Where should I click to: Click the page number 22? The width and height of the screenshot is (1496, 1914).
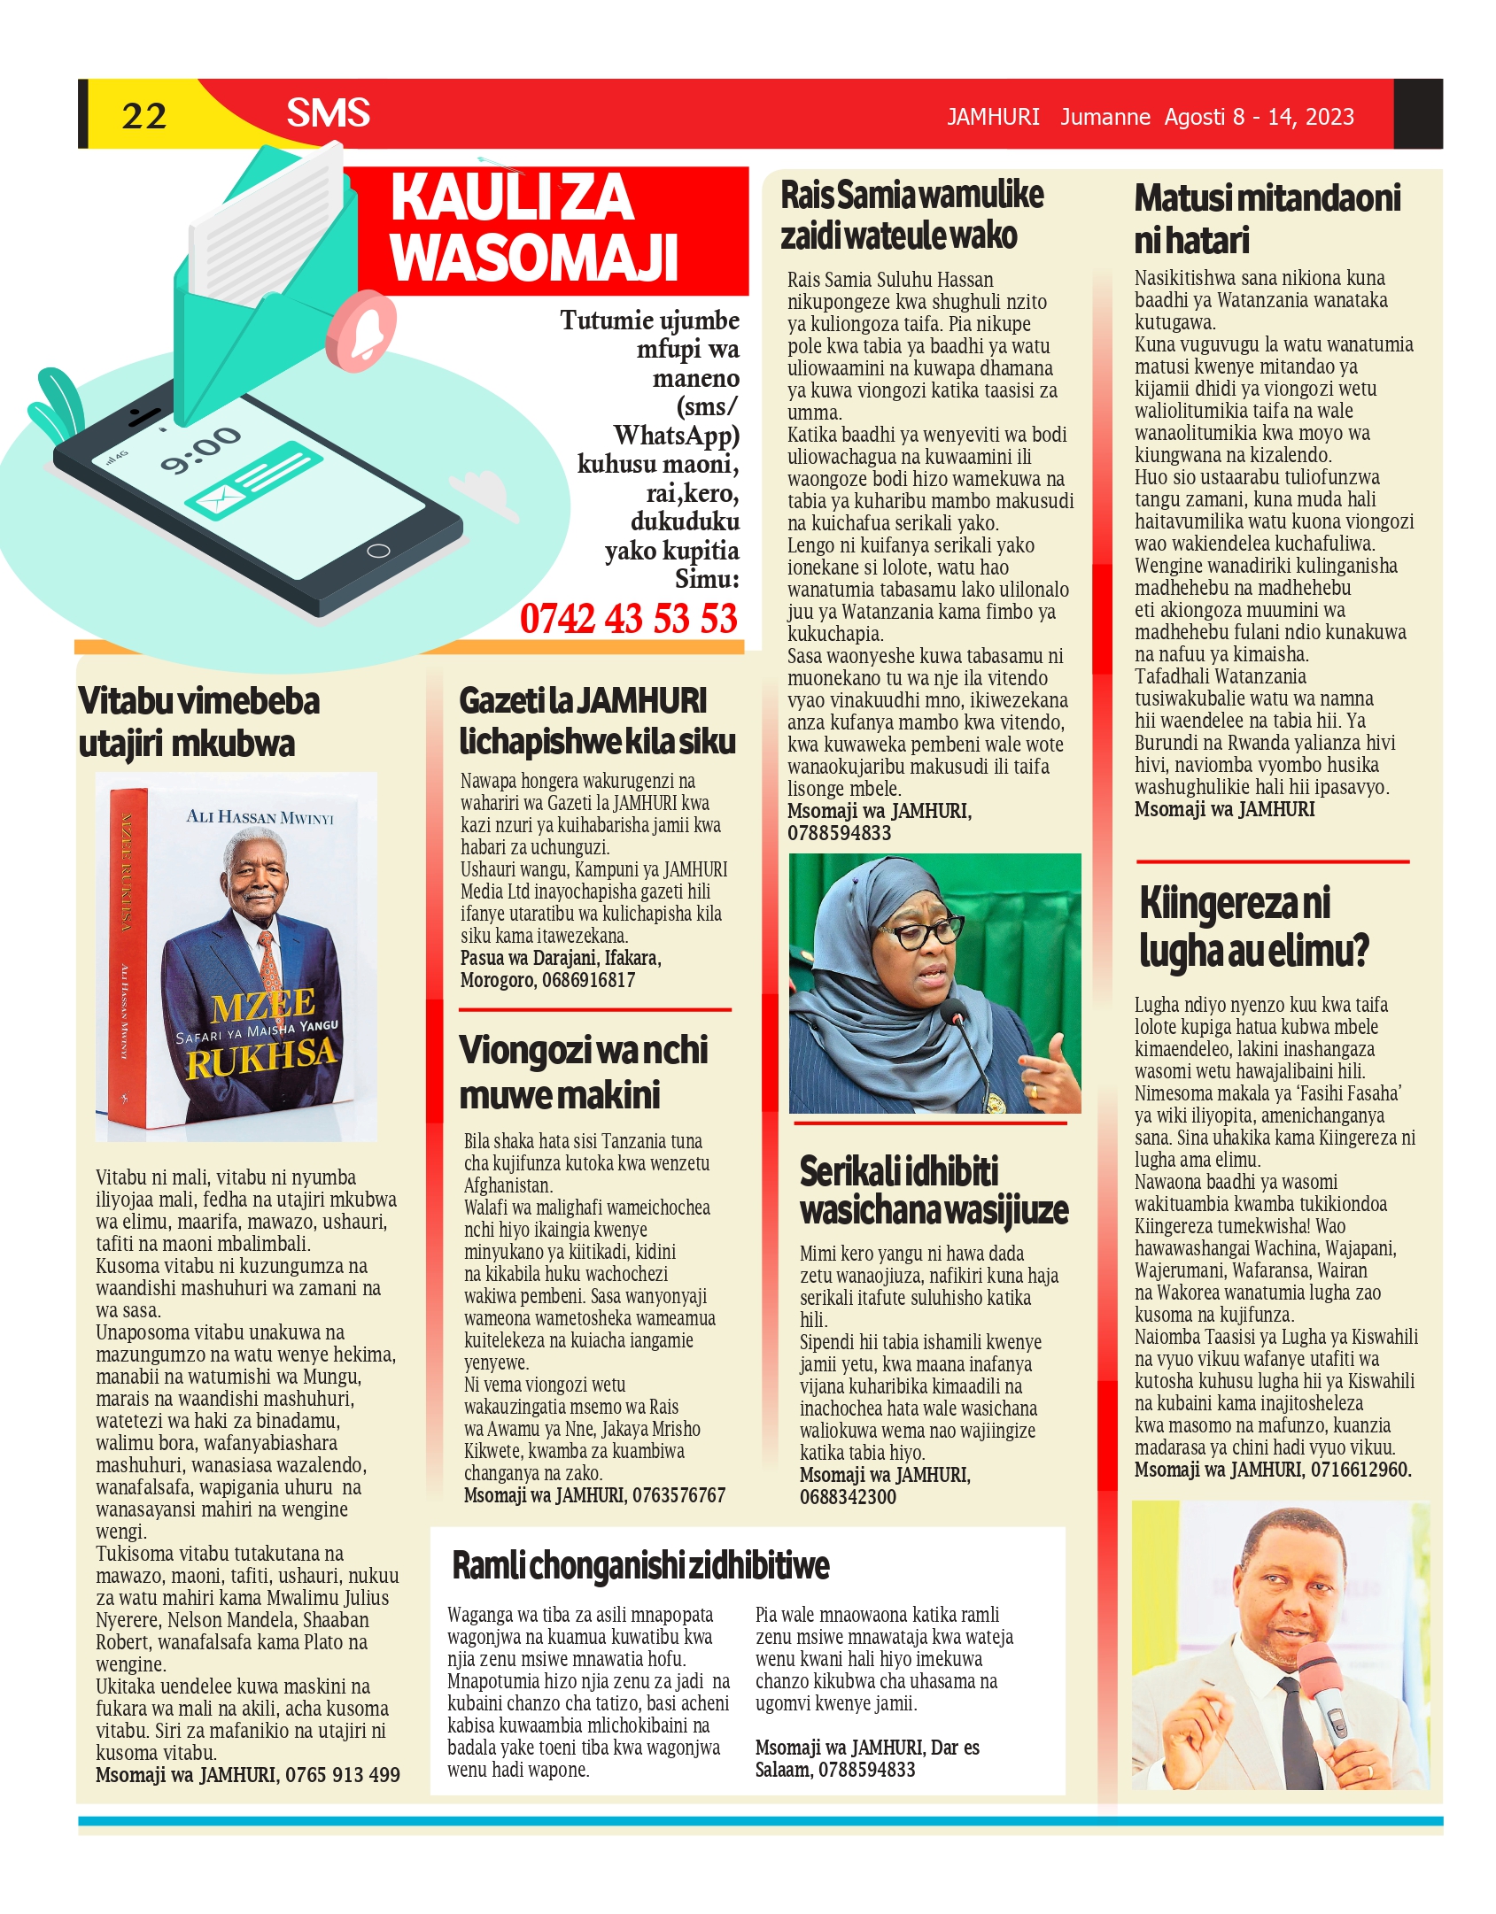[x=143, y=116]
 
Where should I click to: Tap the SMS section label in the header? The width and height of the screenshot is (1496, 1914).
[x=328, y=113]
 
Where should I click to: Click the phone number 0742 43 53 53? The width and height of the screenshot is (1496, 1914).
[x=628, y=618]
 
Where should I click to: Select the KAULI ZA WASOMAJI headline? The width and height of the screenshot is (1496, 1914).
[x=533, y=227]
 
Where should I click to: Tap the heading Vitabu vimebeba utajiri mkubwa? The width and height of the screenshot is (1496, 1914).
[x=198, y=722]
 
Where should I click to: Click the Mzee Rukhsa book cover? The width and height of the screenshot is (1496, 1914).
[x=236, y=956]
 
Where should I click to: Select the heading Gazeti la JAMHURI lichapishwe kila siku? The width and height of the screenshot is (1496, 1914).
[x=597, y=721]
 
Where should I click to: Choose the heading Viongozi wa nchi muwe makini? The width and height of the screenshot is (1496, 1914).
[x=583, y=1071]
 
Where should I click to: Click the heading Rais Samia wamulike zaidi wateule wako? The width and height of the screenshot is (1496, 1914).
[x=911, y=214]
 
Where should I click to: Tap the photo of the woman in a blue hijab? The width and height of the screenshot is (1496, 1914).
[x=934, y=983]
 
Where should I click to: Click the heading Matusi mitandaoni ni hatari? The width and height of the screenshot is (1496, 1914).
[x=1267, y=218]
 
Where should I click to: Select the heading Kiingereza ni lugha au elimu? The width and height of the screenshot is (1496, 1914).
[x=1253, y=926]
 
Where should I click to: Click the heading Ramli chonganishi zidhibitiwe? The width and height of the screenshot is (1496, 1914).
[x=640, y=1565]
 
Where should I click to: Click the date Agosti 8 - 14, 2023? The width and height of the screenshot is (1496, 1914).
[x=1259, y=117]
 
